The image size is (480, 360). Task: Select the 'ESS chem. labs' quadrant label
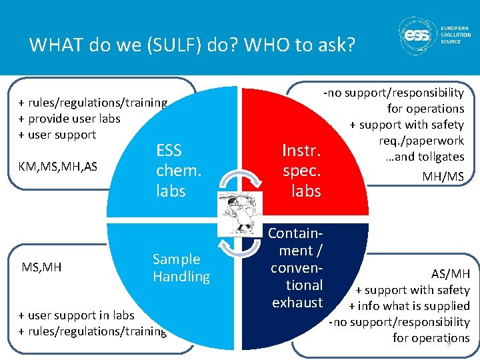click(178, 171)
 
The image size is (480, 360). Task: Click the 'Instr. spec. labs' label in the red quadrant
click(302, 171)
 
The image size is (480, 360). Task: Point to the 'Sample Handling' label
click(181, 267)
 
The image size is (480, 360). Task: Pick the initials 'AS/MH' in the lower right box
click(450, 273)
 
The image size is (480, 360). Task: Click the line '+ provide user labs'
click(69, 118)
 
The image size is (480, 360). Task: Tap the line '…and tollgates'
click(424, 157)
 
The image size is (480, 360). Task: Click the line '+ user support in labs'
click(76, 315)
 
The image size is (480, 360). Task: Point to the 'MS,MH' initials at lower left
click(41, 267)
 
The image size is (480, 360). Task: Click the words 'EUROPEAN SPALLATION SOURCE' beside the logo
click(455, 35)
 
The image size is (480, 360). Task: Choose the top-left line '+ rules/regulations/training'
click(93, 102)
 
